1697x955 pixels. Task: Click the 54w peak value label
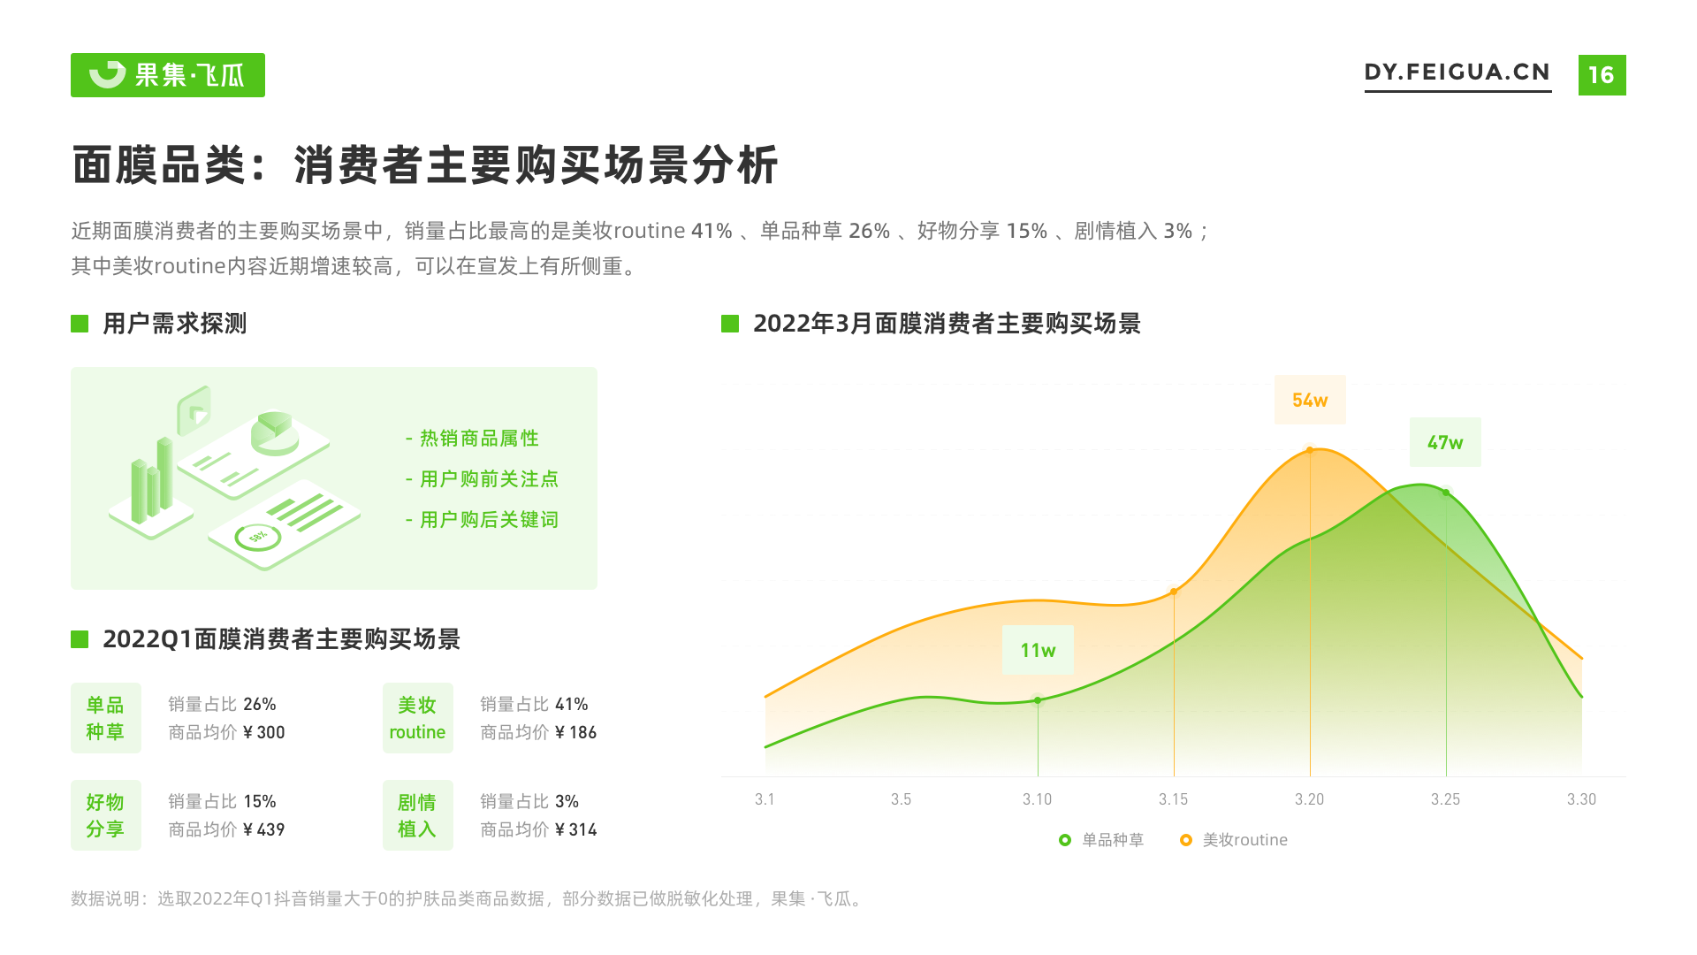tap(1309, 400)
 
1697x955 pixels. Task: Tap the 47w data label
tap(1444, 442)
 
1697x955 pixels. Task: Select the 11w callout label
tap(1038, 650)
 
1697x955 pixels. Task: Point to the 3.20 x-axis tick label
tap(1309, 799)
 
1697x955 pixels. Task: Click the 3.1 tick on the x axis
tap(765, 799)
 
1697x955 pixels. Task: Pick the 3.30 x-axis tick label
tap(1581, 799)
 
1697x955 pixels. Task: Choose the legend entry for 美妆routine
tap(1234, 840)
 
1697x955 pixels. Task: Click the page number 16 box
tap(1602, 75)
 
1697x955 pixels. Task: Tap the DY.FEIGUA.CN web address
tap(1457, 73)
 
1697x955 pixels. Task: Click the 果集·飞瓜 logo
tap(168, 75)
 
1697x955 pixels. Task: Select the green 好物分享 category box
tap(106, 815)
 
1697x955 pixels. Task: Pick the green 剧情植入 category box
tap(417, 815)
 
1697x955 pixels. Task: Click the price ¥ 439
tap(263, 829)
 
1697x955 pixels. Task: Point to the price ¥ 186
tap(575, 732)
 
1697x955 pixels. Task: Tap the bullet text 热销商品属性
tap(478, 439)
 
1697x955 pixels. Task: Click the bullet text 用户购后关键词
tap(488, 520)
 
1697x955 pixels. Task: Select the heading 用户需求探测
tap(174, 324)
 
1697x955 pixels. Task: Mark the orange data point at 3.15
tap(1174, 592)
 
